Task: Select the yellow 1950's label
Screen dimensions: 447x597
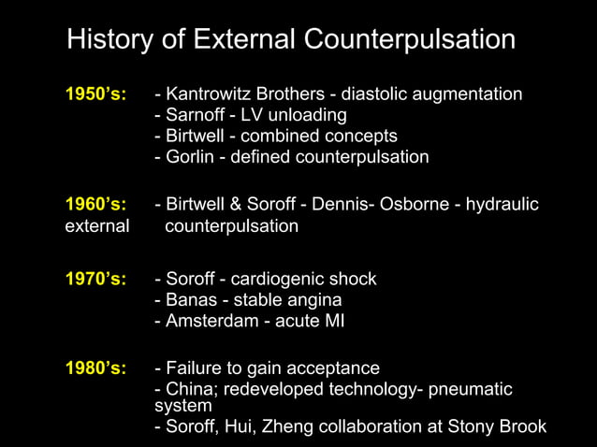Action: click(x=95, y=94)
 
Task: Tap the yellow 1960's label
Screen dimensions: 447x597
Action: click(x=95, y=205)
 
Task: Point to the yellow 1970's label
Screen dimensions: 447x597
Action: click(x=95, y=279)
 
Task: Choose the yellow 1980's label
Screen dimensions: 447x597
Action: click(x=95, y=368)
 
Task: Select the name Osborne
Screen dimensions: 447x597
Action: click(x=417, y=205)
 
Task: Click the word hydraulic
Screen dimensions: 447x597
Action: click(x=502, y=205)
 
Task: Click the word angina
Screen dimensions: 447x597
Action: click(x=315, y=300)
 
